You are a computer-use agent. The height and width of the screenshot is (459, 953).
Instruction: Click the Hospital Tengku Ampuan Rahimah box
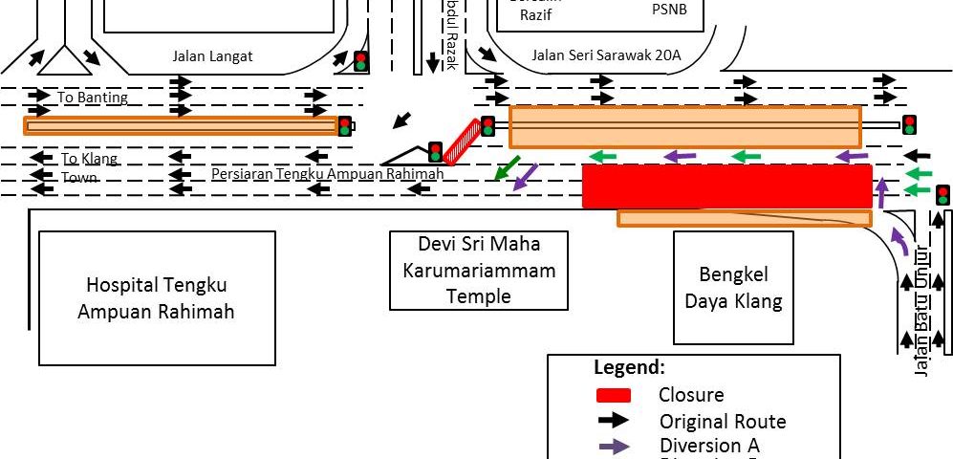[157, 297]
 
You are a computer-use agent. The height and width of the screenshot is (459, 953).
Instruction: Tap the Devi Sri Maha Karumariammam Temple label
[478, 270]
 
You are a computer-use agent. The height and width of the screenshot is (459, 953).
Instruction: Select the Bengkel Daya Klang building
[733, 288]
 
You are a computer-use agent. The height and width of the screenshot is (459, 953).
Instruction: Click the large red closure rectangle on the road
[726, 186]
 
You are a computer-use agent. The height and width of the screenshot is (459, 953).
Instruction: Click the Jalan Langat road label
[212, 56]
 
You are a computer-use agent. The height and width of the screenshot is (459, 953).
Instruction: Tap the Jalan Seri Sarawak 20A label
[606, 55]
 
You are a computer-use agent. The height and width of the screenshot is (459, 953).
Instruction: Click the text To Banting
[93, 98]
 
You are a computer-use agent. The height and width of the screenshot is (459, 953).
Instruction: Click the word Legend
[629, 367]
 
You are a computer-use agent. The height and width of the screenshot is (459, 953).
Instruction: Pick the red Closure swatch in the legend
[613, 395]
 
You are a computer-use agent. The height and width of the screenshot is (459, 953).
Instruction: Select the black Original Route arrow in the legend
[613, 421]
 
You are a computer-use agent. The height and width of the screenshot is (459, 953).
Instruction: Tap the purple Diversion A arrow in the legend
[613, 446]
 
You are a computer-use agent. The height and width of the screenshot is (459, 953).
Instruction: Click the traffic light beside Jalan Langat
[360, 61]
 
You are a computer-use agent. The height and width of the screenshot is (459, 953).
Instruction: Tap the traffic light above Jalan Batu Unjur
[942, 195]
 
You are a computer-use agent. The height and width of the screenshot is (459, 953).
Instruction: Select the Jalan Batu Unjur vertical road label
[922, 311]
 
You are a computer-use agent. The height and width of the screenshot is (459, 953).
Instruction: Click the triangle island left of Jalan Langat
[63, 61]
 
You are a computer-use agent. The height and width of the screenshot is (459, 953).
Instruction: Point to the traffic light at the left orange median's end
[345, 125]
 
